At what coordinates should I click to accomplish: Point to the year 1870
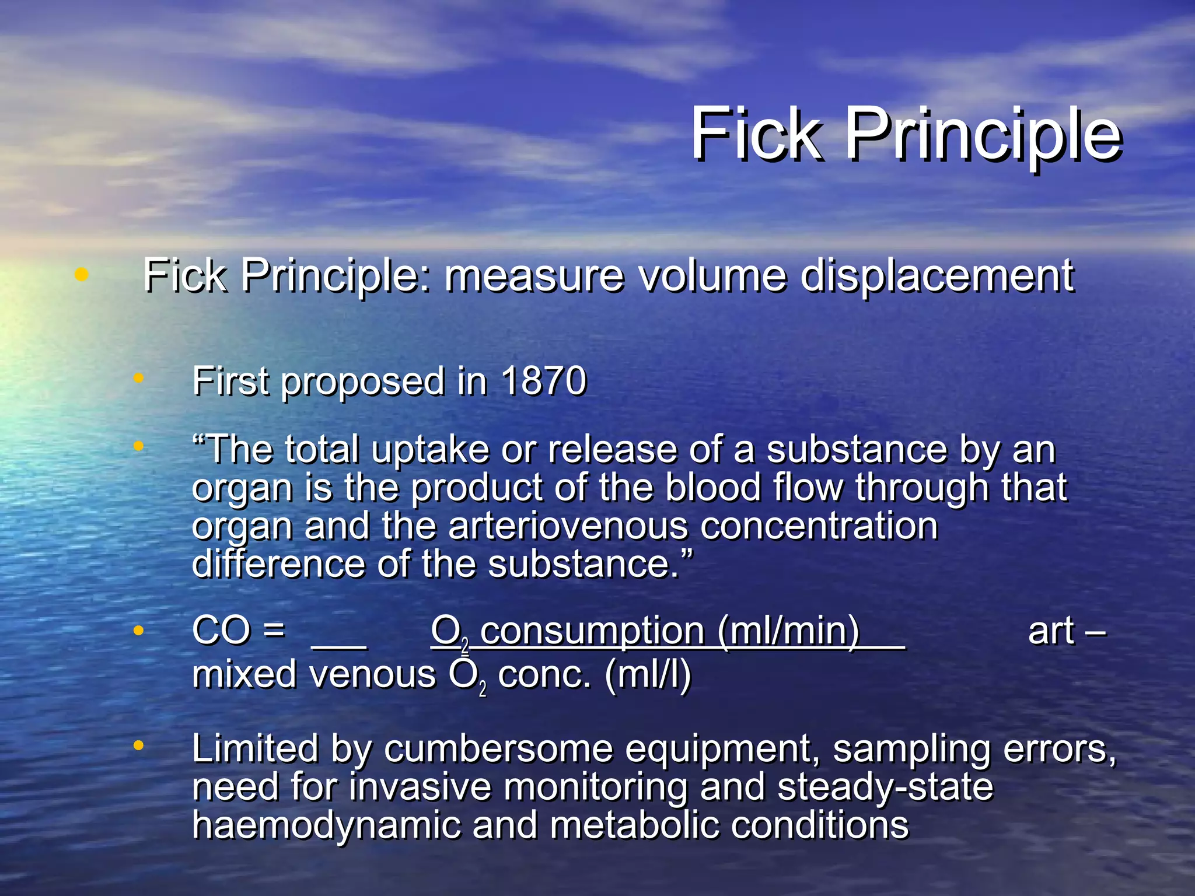pos(543,381)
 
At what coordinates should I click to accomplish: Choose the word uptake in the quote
pos(429,450)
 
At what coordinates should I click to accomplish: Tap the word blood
pos(713,488)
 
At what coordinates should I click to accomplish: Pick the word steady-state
pos(885,787)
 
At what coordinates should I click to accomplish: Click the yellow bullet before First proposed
pos(138,379)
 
